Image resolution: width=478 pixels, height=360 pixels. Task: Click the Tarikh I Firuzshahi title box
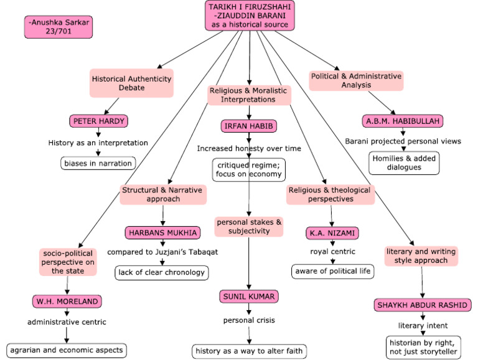[250, 16]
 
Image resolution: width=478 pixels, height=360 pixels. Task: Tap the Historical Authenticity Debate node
[131, 83]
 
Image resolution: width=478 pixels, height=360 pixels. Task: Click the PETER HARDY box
[98, 121]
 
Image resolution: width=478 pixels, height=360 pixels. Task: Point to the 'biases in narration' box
[97, 163]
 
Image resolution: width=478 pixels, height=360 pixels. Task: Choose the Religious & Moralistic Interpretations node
[249, 95]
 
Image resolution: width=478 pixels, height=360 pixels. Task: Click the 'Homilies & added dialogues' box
[404, 163]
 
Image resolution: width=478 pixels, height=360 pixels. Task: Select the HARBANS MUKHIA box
[162, 232]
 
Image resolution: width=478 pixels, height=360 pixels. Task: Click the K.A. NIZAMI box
[331, 233]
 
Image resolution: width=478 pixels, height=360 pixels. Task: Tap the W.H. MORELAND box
[67, 302]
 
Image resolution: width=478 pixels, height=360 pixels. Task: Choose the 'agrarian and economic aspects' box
[67, 349]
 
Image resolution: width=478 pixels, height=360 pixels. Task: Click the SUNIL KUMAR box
[250, 296]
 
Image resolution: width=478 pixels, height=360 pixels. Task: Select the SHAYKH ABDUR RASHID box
[423, 305]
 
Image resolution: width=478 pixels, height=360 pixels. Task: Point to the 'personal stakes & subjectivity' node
[249, 226]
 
